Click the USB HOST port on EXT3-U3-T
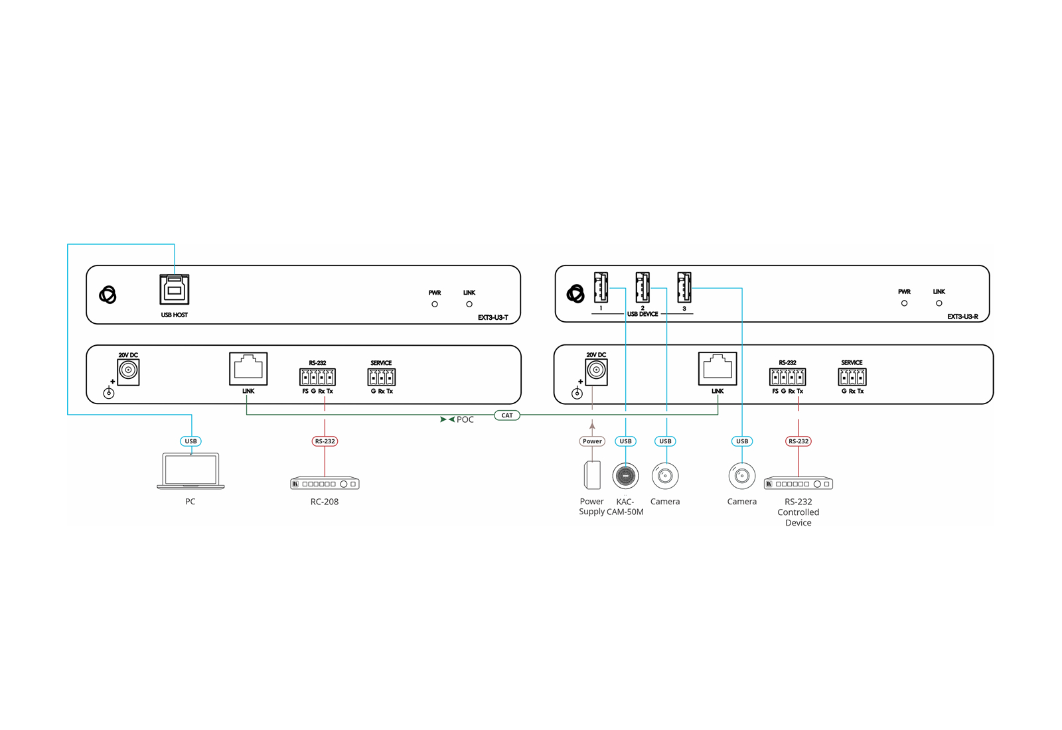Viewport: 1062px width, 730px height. pos(175,290)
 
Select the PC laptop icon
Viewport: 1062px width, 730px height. pos(190,471)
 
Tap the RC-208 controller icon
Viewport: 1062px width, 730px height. pos(325,483)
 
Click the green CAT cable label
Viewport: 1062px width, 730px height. pos(507,415)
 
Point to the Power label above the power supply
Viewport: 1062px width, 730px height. pos(592,441)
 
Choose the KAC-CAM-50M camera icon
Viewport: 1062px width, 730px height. pos(625,475)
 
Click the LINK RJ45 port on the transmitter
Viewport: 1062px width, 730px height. pos(248,368)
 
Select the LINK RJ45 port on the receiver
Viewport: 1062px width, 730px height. pos(718,368)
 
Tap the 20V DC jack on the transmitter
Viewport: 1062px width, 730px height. pos(128,370)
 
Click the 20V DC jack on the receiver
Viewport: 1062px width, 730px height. pos(596,370)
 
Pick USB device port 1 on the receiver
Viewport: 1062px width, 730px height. pos(601,287)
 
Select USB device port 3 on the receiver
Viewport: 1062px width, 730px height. pos(684,287)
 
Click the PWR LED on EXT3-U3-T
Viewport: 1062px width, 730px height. pos(435,304)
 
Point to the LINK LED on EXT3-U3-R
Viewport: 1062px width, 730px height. pos(939,303)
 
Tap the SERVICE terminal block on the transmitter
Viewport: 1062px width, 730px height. pos(382,378)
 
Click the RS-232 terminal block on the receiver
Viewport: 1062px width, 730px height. pos(787,377)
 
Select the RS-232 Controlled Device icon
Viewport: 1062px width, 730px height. pos(798,483)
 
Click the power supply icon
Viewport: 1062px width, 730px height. pos(592,475)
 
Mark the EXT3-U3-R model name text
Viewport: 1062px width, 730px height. pos(962,317)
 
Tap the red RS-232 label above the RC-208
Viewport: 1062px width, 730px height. pos(325,441)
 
